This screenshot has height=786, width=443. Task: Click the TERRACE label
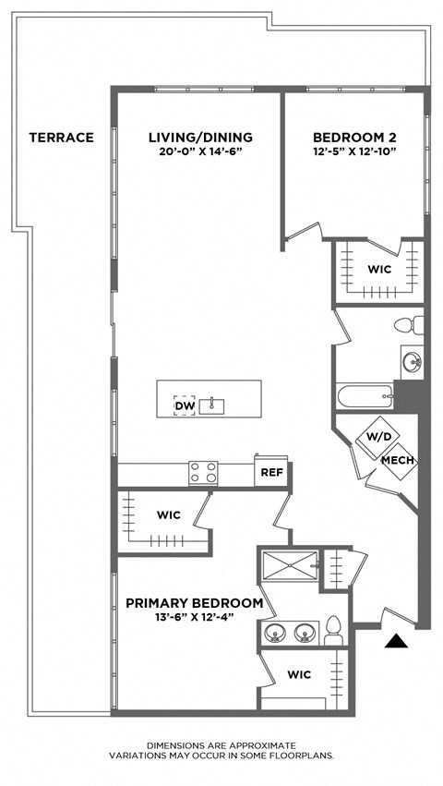click(61, 138)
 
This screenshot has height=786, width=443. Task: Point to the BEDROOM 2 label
click(354, 138)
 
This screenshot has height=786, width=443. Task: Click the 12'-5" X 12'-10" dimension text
click(354, 152)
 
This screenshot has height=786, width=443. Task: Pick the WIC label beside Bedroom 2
click(379, 270)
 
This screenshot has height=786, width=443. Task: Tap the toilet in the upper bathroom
click(407, 325)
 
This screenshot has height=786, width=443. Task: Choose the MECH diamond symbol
click(397, 460)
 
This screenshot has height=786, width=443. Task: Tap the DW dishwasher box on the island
click(185, 405)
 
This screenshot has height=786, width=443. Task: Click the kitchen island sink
click(213, 405)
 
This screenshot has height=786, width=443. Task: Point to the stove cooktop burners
click(203, 473)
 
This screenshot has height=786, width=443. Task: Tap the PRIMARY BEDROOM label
click(194, 603)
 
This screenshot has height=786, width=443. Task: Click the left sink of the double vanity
click(274, 634)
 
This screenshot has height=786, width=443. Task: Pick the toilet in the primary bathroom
click(333, 632)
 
